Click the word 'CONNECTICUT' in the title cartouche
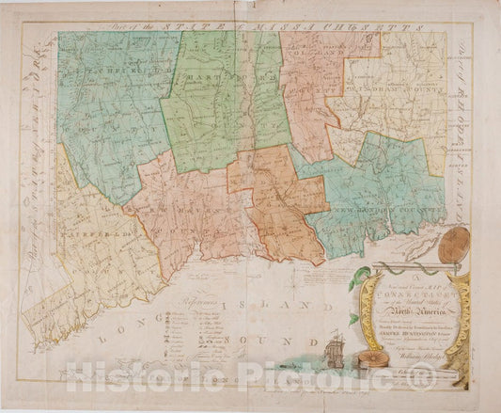pos(394,291)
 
